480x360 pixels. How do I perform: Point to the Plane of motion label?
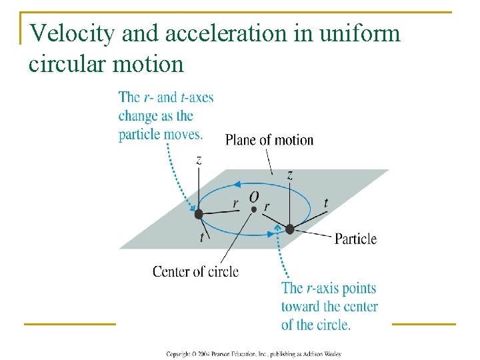(269, 140)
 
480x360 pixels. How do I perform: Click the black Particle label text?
(355, 239)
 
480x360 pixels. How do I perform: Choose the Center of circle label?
(195, 271)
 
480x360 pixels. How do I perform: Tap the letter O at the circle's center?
(254, 197)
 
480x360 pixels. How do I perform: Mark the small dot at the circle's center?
(254, 209)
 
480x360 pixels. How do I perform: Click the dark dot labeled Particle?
(290, 229)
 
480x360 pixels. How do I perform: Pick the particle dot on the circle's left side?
(198, 214)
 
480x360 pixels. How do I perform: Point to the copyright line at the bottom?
(253, 353)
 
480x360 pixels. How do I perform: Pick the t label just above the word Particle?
(325, 203)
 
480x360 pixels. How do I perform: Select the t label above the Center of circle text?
(201, 238)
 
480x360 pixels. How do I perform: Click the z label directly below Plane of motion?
(290, 175)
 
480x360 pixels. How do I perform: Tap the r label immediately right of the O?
(267, 207)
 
